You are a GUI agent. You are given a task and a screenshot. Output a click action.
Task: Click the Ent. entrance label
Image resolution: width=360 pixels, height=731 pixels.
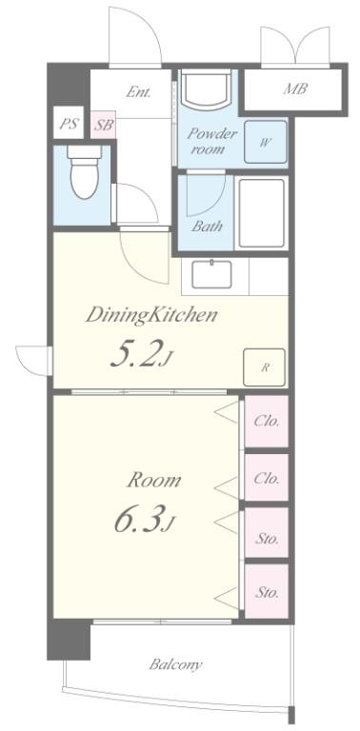coord(138,91)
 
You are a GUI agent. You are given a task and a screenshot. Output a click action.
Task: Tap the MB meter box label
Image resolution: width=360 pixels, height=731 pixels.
coord(295,89)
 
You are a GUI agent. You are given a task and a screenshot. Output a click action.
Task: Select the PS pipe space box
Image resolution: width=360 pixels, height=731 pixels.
coord(69,124)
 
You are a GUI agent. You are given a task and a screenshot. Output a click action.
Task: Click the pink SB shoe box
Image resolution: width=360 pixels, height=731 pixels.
coord(103,125)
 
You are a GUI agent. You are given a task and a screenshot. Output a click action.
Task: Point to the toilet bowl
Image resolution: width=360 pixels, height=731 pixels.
coord(85,171)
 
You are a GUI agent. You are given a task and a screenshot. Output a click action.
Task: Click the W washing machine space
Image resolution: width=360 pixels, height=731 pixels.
coord(266,142)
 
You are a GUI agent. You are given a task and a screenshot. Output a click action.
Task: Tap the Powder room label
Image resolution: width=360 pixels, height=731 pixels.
coord(212,141)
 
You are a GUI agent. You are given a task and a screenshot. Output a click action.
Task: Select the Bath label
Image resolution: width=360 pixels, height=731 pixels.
coord(207,227)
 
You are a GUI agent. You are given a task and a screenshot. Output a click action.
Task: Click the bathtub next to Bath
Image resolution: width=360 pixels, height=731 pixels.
coord(261,213)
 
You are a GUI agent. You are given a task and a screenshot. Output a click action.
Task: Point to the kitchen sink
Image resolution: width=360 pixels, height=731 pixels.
coord(211,274)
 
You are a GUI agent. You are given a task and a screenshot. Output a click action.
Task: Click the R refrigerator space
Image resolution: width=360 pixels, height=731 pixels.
coord(265,367)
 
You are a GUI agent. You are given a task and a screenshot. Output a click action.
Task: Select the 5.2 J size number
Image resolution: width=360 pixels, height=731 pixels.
coord(141,353)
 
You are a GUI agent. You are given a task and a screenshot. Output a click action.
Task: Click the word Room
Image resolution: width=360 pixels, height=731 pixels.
coord(154,480)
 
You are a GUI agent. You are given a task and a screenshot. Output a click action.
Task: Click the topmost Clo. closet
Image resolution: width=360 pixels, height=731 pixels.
coord(267,422)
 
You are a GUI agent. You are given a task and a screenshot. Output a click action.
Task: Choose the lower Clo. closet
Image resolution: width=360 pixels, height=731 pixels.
coord(267,478)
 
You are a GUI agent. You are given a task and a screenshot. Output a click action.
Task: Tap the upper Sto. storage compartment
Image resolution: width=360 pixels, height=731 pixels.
coord(267,532)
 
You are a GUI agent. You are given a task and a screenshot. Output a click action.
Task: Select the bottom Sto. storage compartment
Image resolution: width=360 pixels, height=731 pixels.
coord(267,592)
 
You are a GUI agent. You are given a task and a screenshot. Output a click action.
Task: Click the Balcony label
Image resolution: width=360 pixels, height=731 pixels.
coord(176,664)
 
